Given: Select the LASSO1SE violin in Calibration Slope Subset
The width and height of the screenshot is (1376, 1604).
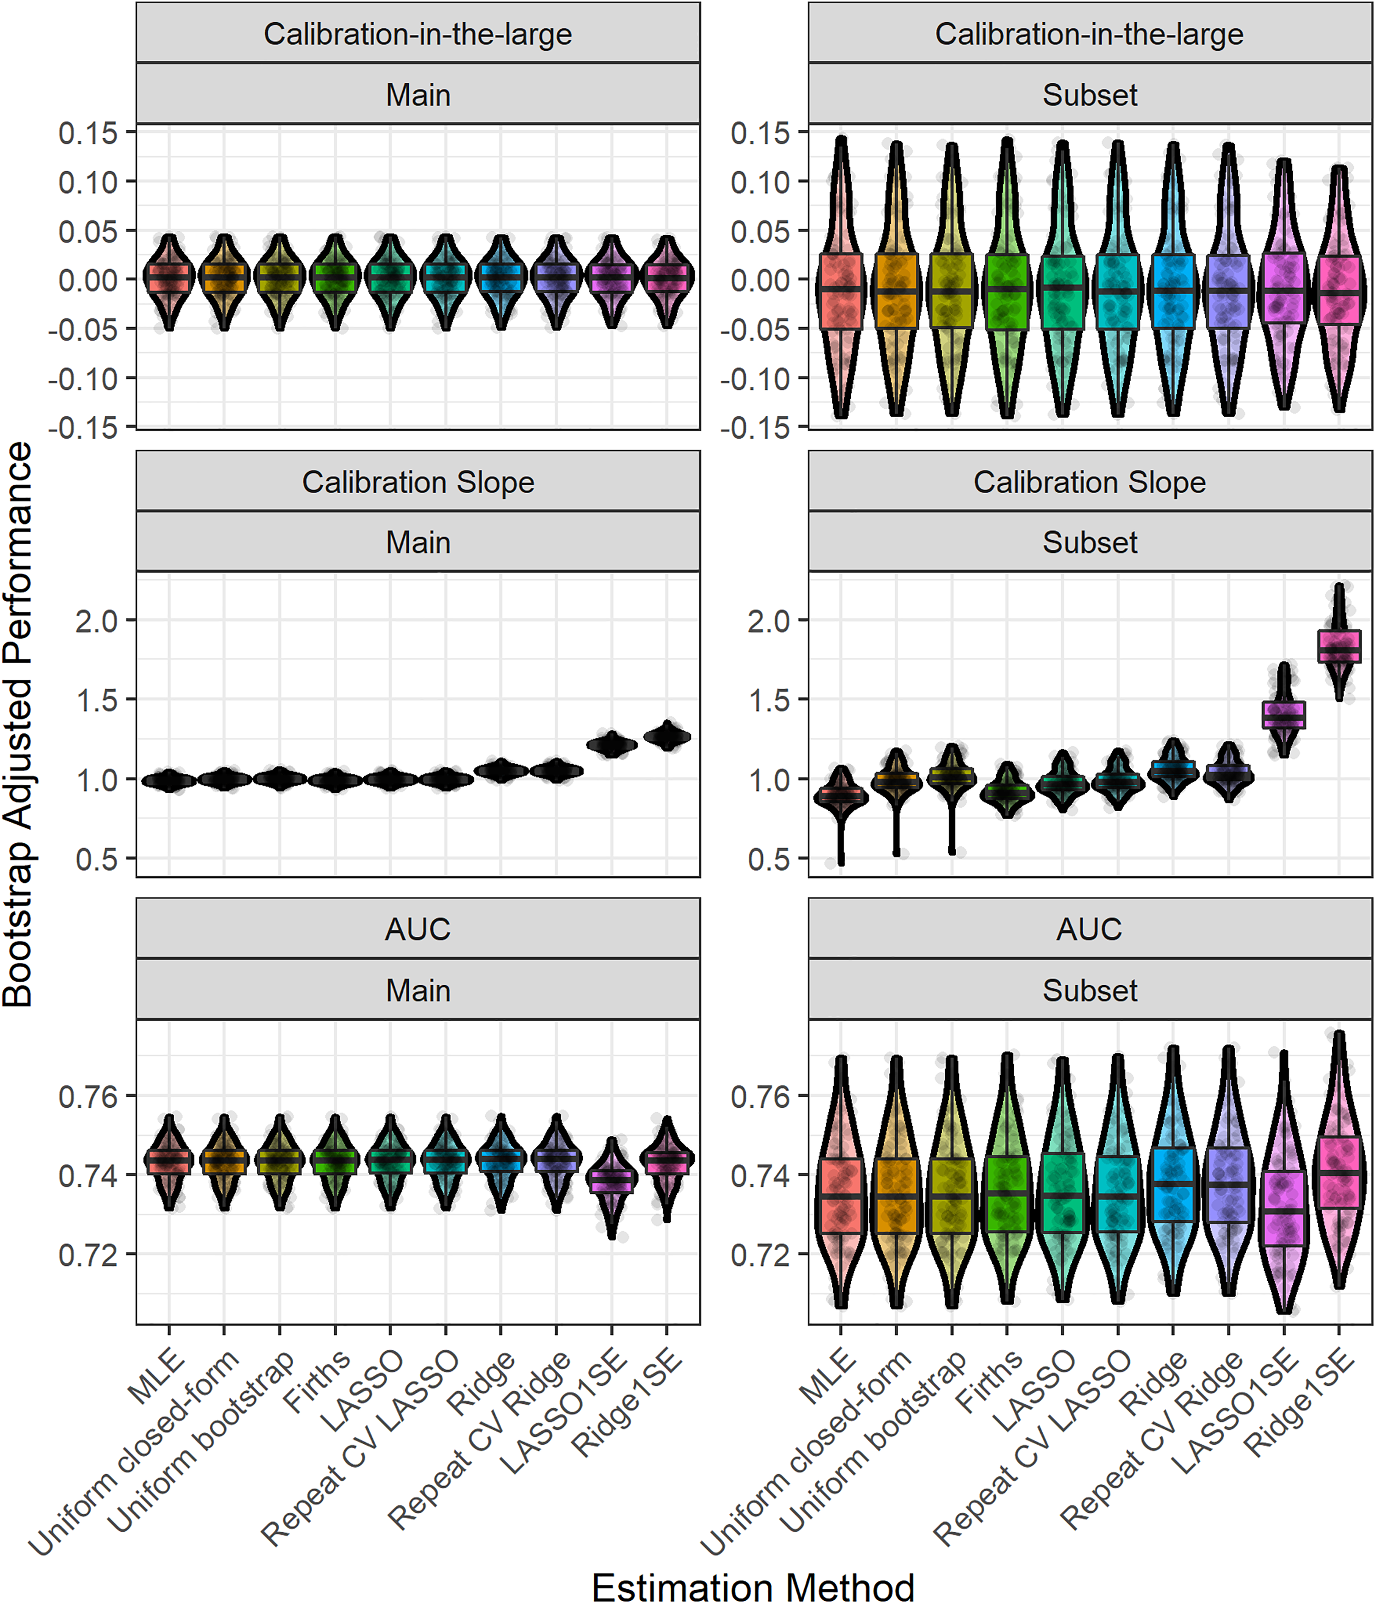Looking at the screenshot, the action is [x=1284, y=711].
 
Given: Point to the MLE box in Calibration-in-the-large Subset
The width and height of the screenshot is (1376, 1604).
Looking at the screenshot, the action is [x=841, y=291].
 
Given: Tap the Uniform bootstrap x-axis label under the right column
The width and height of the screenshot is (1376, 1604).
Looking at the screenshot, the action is [x=873, y=1440].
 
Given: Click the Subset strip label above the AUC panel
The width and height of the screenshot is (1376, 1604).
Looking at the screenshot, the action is [x=1090, y=990].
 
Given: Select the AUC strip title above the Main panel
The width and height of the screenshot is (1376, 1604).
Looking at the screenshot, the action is [x=418, y=929].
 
